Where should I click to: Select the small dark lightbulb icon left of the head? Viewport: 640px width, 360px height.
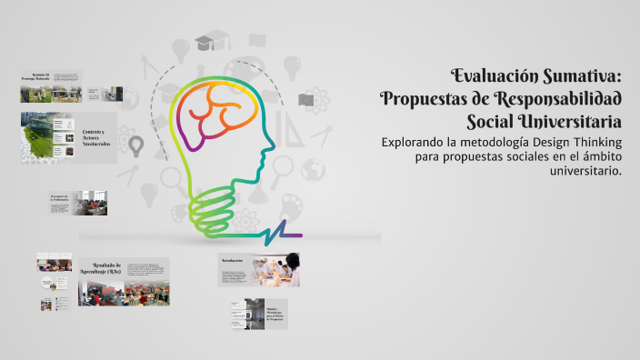(x=136, y=145)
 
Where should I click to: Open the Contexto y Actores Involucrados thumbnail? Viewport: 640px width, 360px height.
(x=68, y=137)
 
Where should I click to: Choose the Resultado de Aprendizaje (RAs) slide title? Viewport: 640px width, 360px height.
(x=101, y=270)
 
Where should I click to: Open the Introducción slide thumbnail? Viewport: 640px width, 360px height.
(x=259, y=270)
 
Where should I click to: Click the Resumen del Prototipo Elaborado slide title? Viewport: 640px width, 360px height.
(x=39, y=78)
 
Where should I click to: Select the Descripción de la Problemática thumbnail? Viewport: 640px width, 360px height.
(x=77, y=203)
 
